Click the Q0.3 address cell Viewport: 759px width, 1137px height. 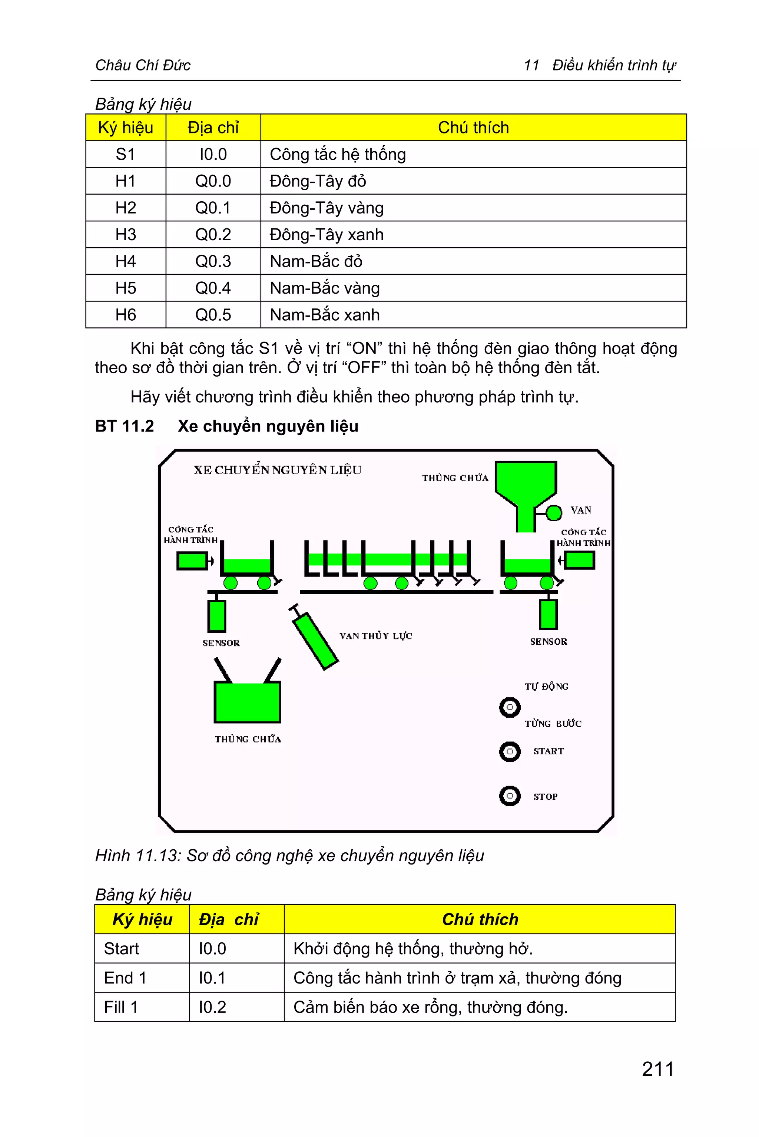pos(213,261)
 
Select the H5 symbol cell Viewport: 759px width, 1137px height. pos(126,288)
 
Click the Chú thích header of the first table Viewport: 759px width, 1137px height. pos(473,128)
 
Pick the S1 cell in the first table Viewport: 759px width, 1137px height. pos(126,155)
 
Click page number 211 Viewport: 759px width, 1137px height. pos(658,1069)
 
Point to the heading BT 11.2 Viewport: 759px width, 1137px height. pos(125,426)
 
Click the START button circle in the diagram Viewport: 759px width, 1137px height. pos(509,751)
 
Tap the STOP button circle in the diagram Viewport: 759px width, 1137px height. pos(509,796)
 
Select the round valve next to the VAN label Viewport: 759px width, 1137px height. pos(553,513)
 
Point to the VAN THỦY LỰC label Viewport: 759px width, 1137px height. pos(376,636)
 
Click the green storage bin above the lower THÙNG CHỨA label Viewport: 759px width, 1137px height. pos(247,702)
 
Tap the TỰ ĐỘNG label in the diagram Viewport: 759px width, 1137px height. pos(547,687)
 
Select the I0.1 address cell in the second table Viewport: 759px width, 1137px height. pos(212,978)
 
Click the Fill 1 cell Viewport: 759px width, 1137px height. pos(121,1007)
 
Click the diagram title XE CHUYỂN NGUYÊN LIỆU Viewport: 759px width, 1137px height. pos(277,470)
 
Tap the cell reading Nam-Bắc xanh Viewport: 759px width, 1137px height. pos(325,315)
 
